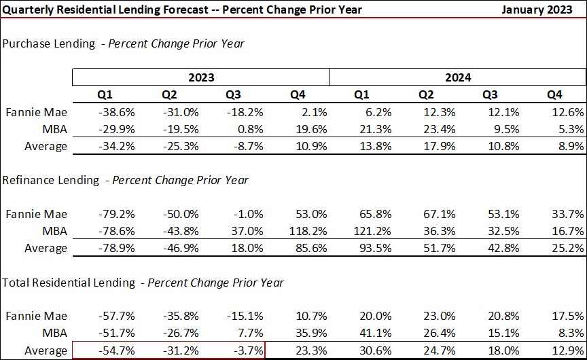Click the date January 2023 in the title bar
(x=541, y=10)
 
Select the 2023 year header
(x=201, y=77)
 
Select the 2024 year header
(x=457, y=77)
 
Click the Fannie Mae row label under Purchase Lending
(x=36, y=112)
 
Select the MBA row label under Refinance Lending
(x=54, y=231)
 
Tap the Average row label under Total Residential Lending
(x=46, y=350)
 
